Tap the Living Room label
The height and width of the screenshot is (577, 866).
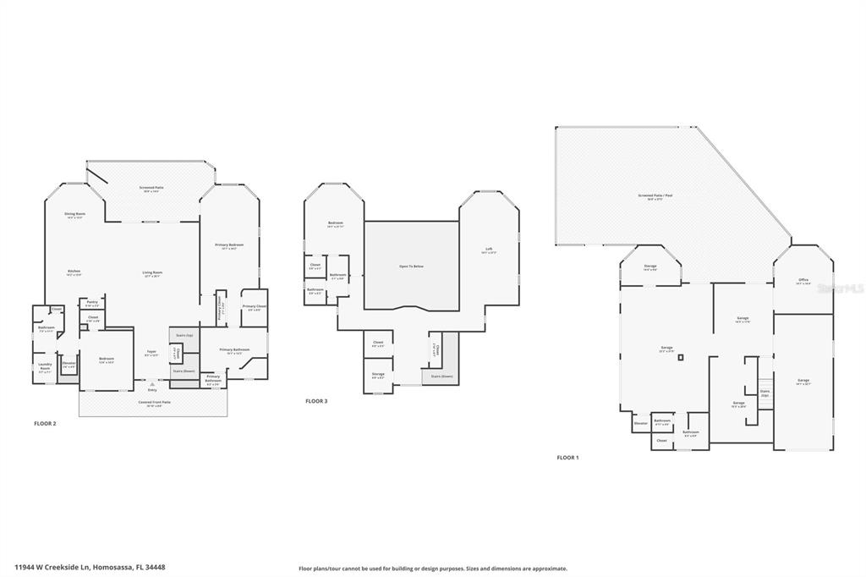[152, 274]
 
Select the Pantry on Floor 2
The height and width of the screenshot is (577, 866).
[92, 303]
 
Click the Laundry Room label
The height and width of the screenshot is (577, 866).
[45, 366]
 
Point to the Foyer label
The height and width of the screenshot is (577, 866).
[151, 353]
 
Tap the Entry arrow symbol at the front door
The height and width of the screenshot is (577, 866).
[152, 384]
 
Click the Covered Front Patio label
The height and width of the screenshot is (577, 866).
[154, 404]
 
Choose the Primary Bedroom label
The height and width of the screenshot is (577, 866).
[229, 246]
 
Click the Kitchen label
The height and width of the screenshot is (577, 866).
[74, 272]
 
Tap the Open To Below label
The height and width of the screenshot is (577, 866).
[411, 267]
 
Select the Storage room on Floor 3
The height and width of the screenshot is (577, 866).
[378, 375]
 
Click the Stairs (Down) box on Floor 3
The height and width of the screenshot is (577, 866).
[441, 376]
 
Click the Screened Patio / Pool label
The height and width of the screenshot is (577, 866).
[655, 196]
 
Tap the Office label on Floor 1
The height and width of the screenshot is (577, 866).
[803, 281]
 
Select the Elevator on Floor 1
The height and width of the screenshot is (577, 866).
[640, 423]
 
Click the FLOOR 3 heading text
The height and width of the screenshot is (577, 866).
[316, 400]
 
